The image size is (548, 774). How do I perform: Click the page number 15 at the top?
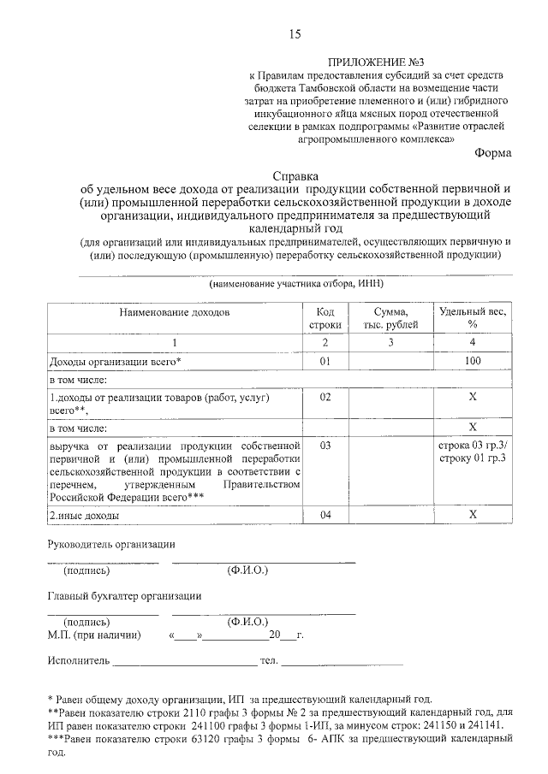[295, 34]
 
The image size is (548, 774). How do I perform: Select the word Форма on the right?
[493, 153]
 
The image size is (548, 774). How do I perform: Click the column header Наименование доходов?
[175, 313]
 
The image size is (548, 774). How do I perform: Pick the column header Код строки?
[325, 319]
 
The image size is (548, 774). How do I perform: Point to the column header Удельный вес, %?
[472, 319]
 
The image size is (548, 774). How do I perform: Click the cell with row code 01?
[325, 362]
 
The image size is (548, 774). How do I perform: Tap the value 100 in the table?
[472, 362]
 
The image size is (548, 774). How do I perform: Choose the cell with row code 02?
[325, 398]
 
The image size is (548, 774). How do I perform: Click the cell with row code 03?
[325, 446]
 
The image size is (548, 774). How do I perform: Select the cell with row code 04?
[325, 515]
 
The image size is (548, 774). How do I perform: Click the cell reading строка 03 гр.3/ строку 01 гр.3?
[472, 452]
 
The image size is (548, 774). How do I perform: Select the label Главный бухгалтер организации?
[124, 597]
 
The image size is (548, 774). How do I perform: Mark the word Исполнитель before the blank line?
[78, 661]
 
